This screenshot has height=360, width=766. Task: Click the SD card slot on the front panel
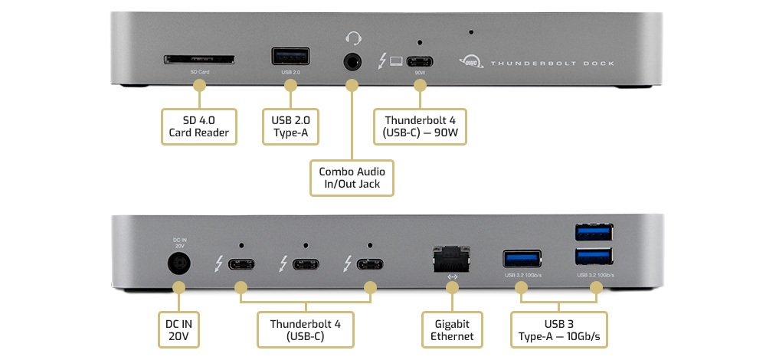(x=199, y=60)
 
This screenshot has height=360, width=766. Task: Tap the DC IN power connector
(x=179, y=265)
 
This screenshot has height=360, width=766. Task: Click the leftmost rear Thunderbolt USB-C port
(x=241, y=266)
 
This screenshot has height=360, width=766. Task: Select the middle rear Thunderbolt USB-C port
(x=305, y=266)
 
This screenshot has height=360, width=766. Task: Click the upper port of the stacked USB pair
(x=594, y=231)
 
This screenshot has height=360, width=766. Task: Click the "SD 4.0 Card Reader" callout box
(x=199, y=127)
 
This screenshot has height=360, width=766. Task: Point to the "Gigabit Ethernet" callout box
(x=452, y=329)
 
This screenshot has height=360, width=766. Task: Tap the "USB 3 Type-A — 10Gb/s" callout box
(x=558, y=329)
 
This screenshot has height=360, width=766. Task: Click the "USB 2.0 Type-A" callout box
(x=290, y=127)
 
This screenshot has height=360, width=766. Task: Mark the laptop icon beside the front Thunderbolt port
(x=395, y=61)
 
